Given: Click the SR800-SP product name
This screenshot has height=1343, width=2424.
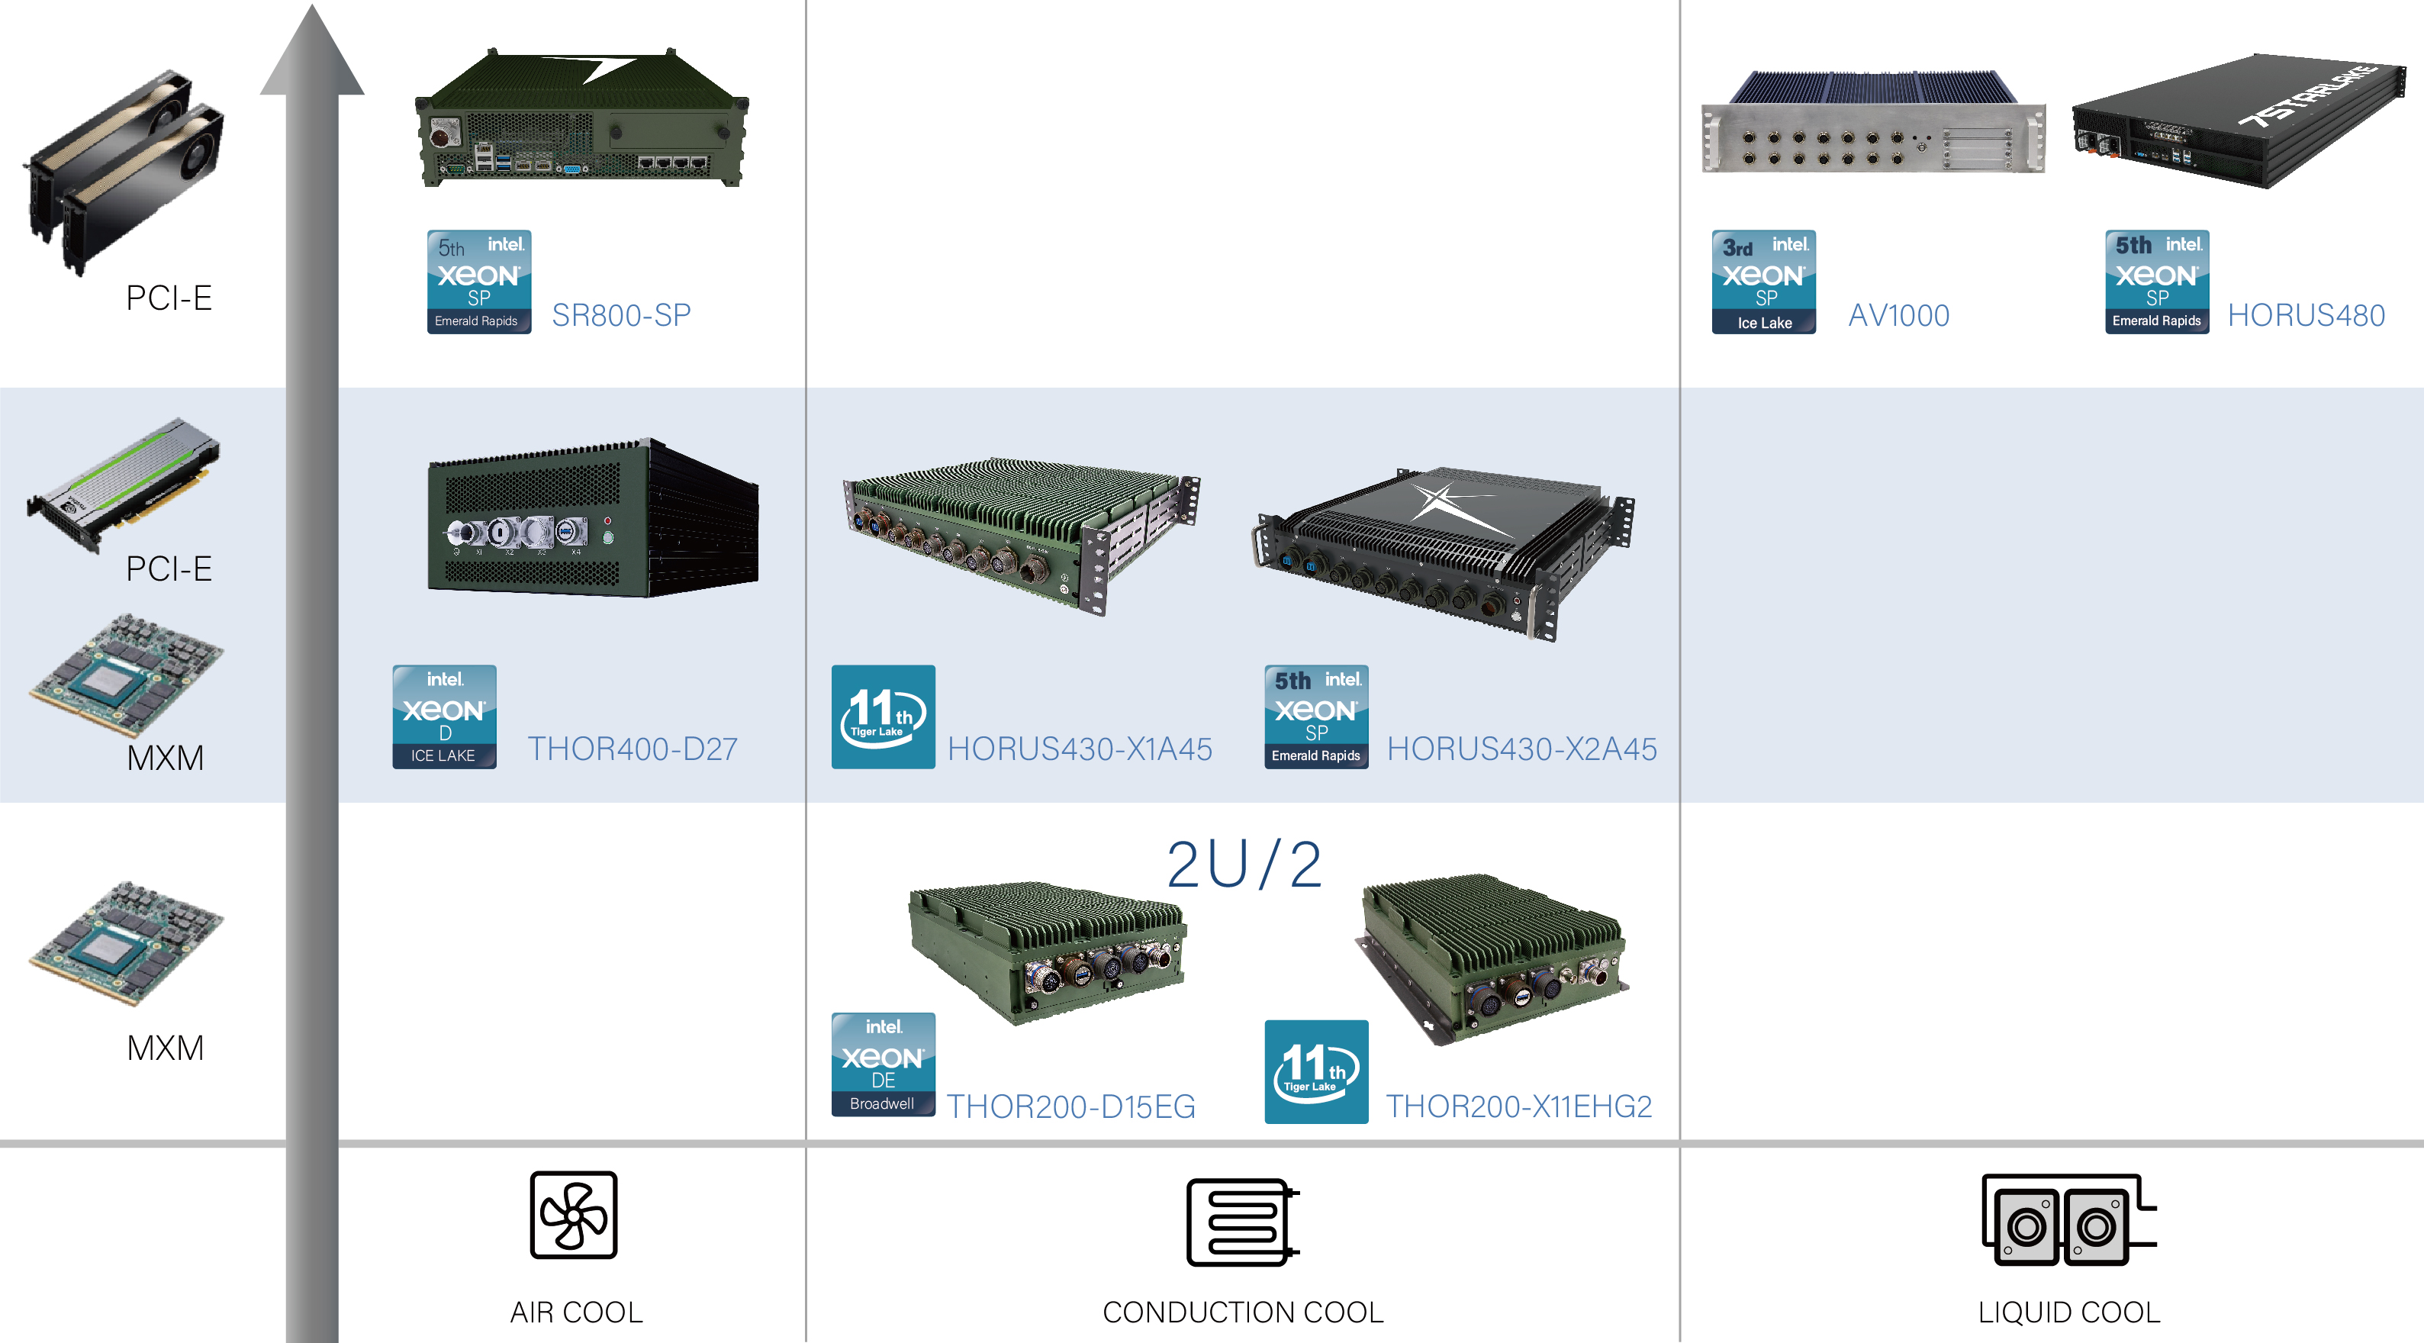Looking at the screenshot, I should tap(621, 315).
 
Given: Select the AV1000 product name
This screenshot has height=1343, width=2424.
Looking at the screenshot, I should tap(1898, 315).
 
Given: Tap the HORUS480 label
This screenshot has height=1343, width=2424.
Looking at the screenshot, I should tap(2306, 315).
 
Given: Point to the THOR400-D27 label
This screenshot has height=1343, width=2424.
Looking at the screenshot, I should tap(633, 749).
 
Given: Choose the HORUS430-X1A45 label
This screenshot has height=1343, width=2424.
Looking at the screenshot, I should tap(1080, 749).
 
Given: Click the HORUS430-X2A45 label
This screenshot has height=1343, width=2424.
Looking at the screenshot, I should tap(1521, 749).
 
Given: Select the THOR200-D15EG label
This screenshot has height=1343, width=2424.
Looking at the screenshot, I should tap(1071, 1106).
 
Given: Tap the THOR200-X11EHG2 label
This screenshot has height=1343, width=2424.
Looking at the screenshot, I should tap(1519, 1106).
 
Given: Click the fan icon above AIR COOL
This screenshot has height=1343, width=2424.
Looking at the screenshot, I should tap(573, 1214).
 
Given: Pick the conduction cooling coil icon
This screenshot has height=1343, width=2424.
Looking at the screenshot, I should tap(1241, 1222).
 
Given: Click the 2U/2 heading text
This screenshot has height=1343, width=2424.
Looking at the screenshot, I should tap(1243, 864).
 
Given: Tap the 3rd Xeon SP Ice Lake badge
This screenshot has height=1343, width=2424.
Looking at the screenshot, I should tap(1763, 282).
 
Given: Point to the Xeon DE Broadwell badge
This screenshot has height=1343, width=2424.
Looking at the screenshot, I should tap(883, 1064).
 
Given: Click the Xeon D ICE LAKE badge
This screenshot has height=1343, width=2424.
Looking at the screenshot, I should tap(444, 717).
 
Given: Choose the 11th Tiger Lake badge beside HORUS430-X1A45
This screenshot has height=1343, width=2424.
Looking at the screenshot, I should tap(883, 717).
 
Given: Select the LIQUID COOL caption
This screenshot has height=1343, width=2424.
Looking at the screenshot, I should tap(2068, 1312).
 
